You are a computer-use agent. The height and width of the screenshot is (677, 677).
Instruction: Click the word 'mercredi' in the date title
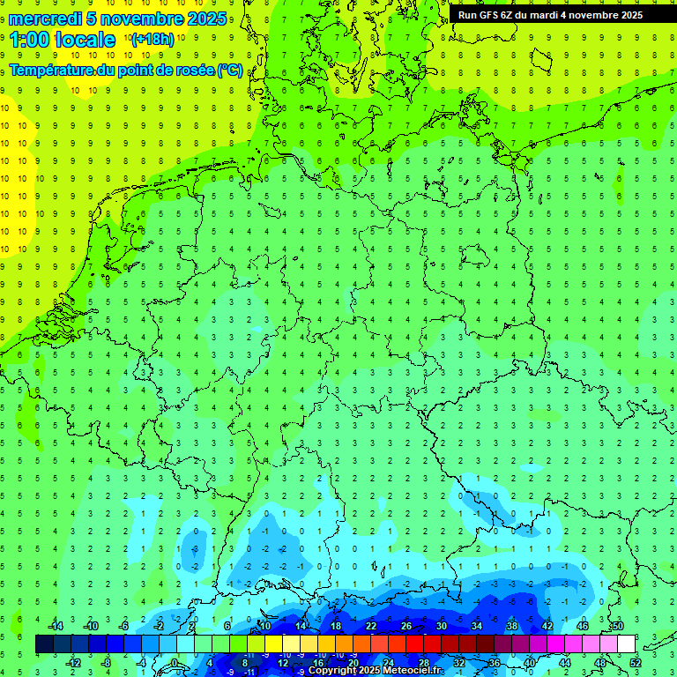[x=45, y=19]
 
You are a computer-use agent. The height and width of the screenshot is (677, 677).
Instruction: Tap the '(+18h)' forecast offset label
[x=153, y=40]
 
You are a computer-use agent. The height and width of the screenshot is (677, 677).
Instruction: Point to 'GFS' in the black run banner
[x=494, y=15]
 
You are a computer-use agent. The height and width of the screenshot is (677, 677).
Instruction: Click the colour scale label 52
[x=636, y=663]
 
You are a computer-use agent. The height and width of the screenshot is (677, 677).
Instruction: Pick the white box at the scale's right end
[x=626, y=644]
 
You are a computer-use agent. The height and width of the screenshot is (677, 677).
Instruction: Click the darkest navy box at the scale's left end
[x=44, y=644]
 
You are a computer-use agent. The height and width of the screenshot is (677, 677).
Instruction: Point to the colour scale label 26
[x=406, y=626]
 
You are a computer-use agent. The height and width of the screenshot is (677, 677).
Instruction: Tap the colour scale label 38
[x=512, y=626]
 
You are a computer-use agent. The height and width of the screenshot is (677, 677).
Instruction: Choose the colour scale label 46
[x=583, y=626]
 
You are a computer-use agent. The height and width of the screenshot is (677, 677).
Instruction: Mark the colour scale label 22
[x=371, y=626]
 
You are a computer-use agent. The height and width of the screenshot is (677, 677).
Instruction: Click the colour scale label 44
[x=565, y=663]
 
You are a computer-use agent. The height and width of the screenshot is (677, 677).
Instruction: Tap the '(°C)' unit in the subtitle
[x=230, y=71]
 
